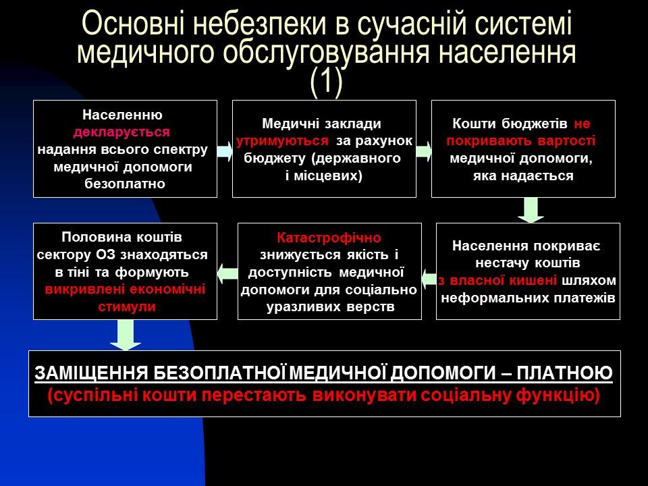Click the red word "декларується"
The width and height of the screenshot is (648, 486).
(122, 132)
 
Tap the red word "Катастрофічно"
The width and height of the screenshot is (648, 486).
(329, 238)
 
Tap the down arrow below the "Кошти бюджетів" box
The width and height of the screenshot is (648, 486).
(531, 209)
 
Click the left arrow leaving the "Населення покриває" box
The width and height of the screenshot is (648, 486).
(429, 275)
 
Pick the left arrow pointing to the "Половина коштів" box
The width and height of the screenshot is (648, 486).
(227, 273)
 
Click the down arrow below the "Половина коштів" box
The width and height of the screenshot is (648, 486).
(125, 335)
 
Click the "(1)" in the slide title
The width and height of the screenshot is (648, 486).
(326, 82)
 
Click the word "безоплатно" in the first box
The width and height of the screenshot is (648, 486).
(125, 184)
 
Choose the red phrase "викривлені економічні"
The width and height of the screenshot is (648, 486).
(124, 290)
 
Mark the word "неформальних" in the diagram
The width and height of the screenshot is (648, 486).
(485, 298)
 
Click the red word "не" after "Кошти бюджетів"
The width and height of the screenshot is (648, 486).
(582, 124)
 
